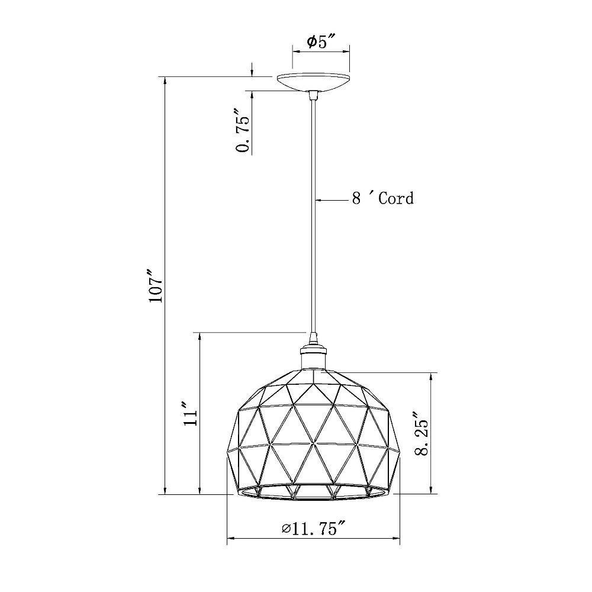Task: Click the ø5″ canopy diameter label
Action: pyautogui.click(x=320, y=41)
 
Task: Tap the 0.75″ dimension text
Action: pyautogui.click(x=243, y=130)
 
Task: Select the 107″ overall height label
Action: pyautogui.click(x=155, y=285)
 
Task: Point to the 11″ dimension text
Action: pyautogui.click(x=190, y=414)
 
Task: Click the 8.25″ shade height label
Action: pyautogui.click(x=422, y=433)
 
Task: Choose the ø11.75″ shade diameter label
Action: pyautogui.click(x=313, y=529)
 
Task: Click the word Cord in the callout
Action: pyautogui.click(x=396, y=198)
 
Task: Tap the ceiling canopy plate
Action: pyautogui.click(x=313, y=82)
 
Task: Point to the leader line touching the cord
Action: pyautogui.click(x=332, y=200)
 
